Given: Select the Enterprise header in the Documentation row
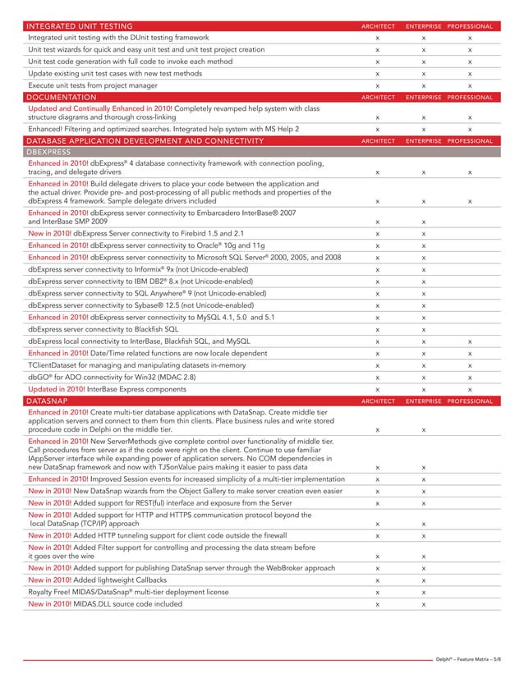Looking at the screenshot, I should pos(422,97).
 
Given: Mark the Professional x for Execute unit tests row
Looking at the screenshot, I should pos(469,85).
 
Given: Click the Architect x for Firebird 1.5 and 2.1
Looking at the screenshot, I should pos(377,234).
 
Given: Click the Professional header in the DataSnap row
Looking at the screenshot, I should pos(469,400).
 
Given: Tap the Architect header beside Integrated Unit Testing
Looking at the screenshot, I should pos(377,27).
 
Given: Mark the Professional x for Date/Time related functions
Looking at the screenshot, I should pos(469,353).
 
